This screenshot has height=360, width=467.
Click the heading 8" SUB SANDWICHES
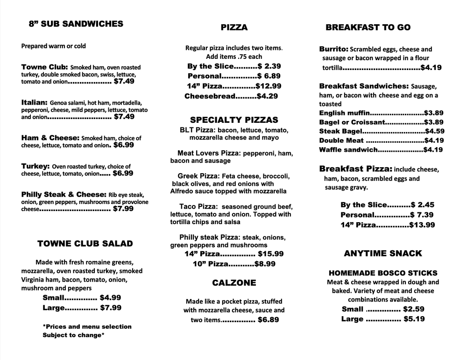pyautogui.click(x=76, y=24)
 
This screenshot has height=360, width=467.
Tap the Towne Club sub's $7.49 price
pyautogui.click(x=124, y=81)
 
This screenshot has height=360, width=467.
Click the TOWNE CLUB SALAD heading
pyautogui.click(x=85, y=243)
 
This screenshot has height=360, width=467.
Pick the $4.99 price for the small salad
pyautogui.click(x=111, y=297)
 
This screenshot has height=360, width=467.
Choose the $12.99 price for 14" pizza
pyautogui.click(x=269, y=86)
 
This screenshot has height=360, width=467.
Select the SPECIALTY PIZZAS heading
pyautogui.click(x=234, y=120)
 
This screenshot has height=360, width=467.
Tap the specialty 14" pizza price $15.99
pyautogui.click(x=271, y=254)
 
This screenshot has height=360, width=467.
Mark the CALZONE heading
pyautogui.click(x=234, y=282)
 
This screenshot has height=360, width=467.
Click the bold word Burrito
pyautogui.click(x=333, y=49)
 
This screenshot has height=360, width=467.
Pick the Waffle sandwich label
pyautogui.click(x=348, y=150)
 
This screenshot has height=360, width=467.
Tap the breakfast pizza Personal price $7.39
pyautogui.click(x=422, y=215)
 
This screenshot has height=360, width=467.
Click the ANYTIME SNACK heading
pyautogui.click(x=383, y=254)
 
